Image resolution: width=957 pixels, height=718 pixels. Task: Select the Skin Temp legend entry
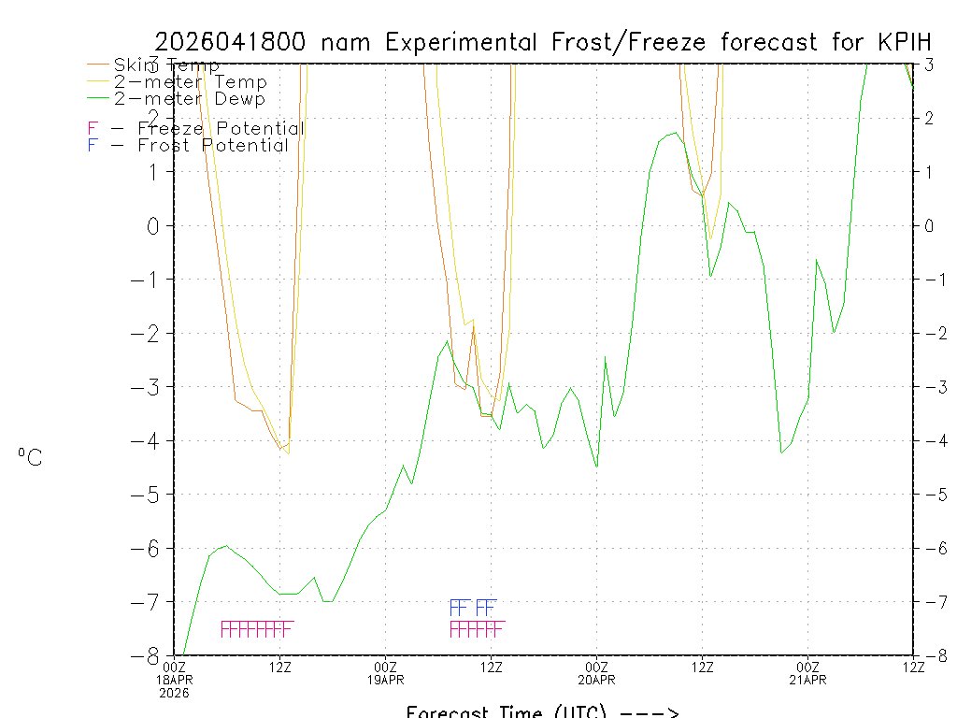click(x=166, y=65)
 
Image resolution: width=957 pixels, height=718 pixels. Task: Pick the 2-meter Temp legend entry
click(x=190, y=82)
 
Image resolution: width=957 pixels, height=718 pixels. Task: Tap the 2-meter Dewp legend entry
click(x=189, y=99)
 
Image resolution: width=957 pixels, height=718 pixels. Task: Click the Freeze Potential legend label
click(x=220, y=129)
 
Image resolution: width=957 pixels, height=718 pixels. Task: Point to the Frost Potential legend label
click(x=213, y=146)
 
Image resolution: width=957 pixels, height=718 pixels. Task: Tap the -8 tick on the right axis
click(x=929, y=655)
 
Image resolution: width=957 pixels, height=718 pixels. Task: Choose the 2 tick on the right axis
click(x=929, y=118)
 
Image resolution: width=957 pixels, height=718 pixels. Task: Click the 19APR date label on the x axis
click(x=385, y=680)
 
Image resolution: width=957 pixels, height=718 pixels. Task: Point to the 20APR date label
click(x=596, y=680)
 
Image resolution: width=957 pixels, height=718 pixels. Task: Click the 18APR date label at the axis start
click(x=174, y=680)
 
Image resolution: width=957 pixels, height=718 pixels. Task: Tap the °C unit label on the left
click(x=30, y=457)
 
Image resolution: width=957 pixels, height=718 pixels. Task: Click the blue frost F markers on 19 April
click(x=473, y=608)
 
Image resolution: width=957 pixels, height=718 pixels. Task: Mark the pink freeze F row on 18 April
click(x=257, y=629)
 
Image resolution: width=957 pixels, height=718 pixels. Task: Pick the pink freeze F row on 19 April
click(x=477, y=629)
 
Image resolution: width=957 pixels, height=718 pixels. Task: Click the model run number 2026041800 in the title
click(x=236, y=42)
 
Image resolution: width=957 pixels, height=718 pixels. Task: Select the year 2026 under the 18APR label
click(x=174, y=693)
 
